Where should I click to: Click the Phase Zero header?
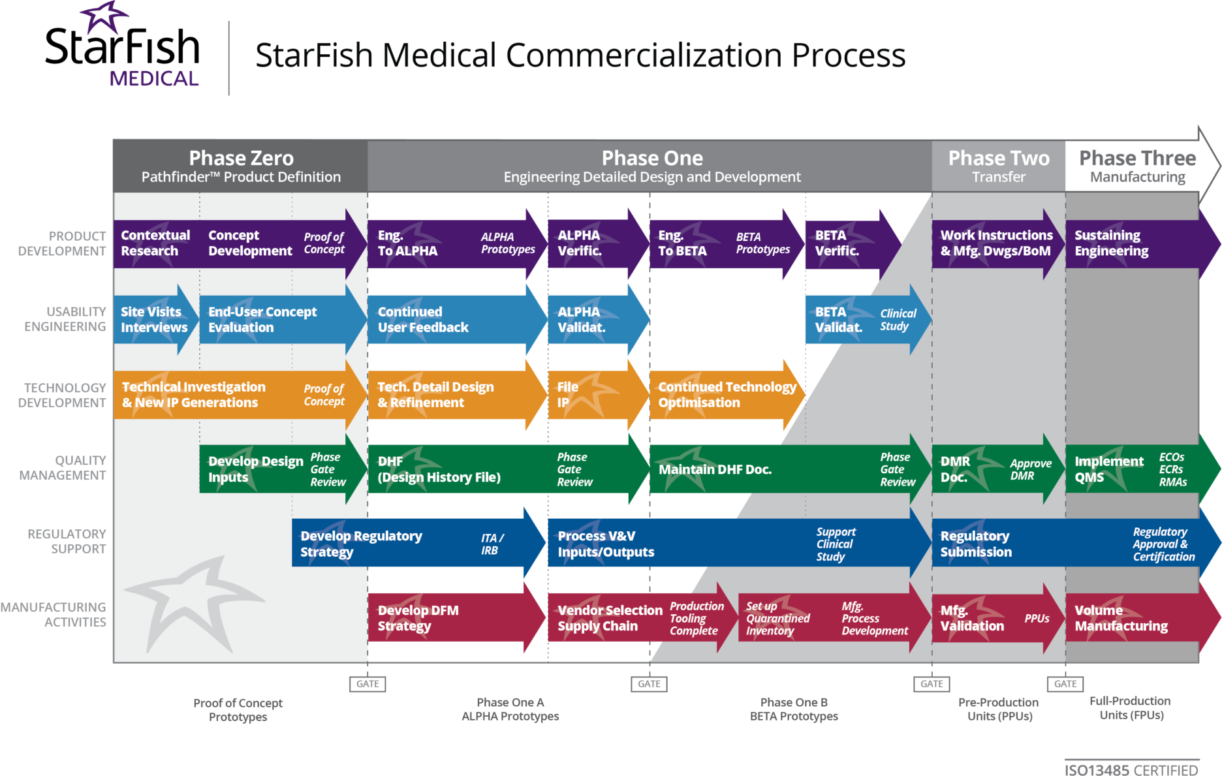pos(241,166)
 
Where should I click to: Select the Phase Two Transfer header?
pos(998,166)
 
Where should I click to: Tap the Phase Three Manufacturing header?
pos(1137,166)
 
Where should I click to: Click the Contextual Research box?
pos(156,243)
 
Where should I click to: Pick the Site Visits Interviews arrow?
pos(155,320)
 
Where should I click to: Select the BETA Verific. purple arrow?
pos(845,243)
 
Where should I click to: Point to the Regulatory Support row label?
pos(67,542)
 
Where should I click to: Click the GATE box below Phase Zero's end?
pos(368,684)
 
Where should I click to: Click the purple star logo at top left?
pos(104,17)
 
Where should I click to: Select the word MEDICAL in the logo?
pos(153,79)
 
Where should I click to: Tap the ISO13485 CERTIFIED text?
pos(1131,769)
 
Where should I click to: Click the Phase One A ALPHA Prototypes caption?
pos(510,709)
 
